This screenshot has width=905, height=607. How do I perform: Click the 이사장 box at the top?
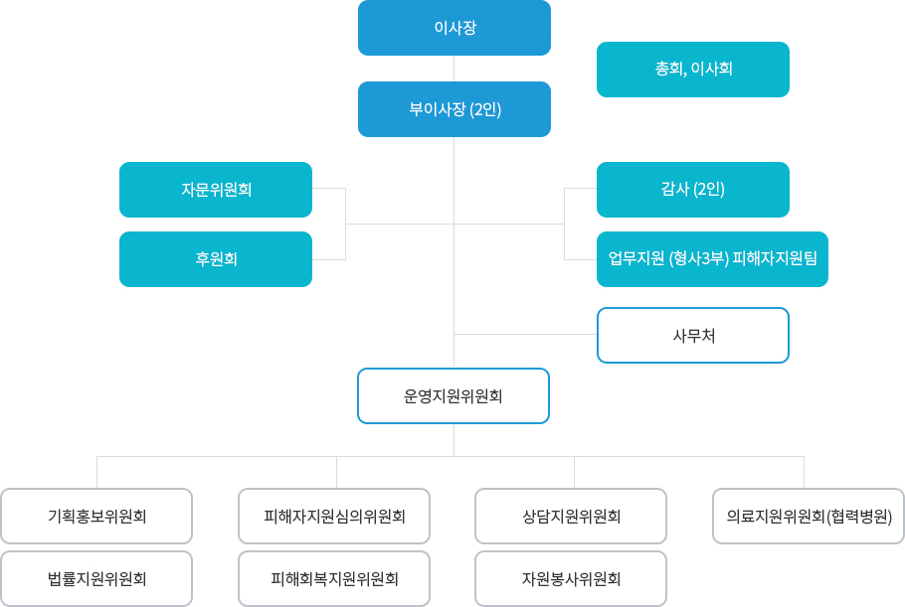454,28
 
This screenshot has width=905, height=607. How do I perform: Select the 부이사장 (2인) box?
454,109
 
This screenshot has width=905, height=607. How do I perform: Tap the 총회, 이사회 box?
693,70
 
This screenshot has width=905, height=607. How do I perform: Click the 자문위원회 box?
216,190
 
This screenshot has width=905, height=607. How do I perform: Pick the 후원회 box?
216,259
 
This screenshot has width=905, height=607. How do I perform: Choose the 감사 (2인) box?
693,190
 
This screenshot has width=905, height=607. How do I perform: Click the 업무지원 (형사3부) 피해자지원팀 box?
712,259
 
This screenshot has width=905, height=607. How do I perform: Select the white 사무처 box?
693,336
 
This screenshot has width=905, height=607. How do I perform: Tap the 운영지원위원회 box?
453,396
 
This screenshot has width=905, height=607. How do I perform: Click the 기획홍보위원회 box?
96,517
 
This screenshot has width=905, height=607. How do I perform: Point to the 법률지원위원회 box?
96,579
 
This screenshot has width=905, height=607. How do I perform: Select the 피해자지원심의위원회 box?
334,517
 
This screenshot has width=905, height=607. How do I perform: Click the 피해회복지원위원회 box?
334,579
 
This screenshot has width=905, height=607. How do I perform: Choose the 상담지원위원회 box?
571,517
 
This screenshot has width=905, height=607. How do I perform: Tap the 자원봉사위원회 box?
571,579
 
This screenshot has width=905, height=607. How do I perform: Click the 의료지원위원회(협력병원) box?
809,517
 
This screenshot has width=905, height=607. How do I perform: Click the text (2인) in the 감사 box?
709,190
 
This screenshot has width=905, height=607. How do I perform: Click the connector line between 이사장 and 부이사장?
454,69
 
